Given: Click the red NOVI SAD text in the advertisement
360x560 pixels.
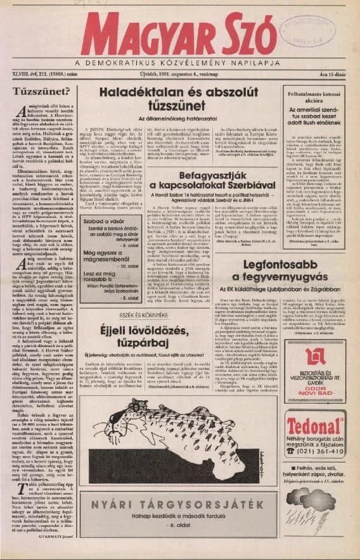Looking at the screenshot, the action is pos(314,402).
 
